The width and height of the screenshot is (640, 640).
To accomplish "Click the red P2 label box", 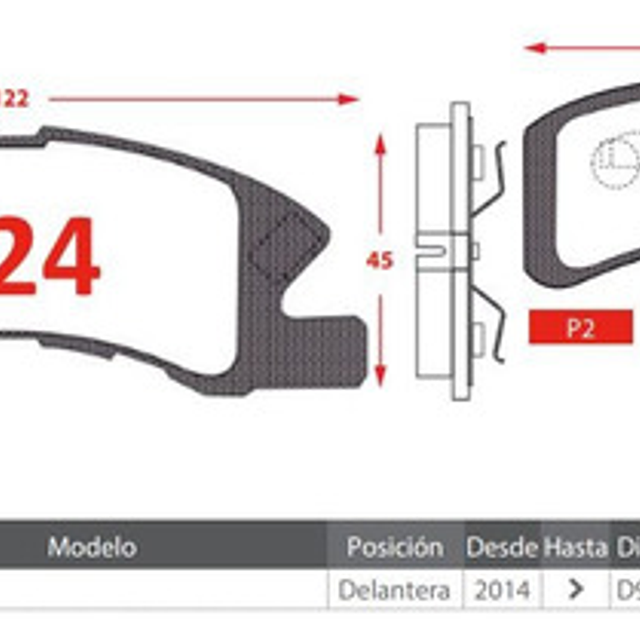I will [580, 327].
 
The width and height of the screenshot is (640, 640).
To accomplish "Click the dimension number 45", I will [380, 260].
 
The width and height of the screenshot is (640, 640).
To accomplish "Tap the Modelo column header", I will [92, 546].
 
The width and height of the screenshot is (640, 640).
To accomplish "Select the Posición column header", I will [395, 546].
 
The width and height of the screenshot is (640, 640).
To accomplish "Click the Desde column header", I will [501, 546].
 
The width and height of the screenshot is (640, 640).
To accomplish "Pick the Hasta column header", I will [575, 546].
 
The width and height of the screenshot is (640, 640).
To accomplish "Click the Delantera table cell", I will [395, 590].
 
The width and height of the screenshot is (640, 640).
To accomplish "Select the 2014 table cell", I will [502, 590].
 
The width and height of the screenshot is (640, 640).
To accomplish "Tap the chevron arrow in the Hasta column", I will [575, 589].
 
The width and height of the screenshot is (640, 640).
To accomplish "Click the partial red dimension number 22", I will [13, 99].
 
